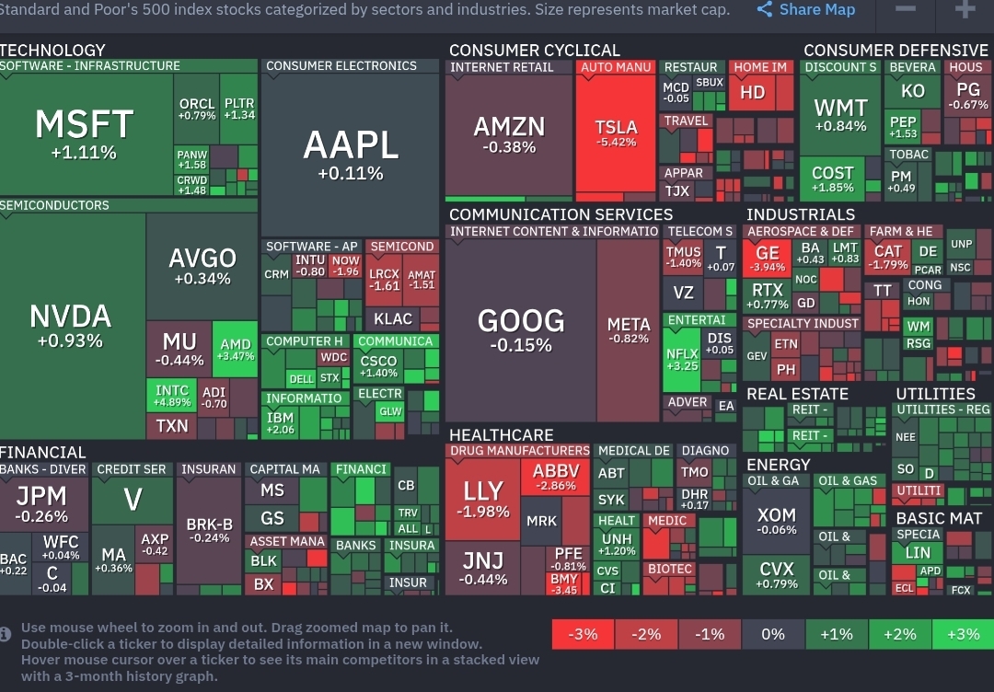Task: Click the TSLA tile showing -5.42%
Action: pos(616,134)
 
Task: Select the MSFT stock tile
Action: pos(84,133)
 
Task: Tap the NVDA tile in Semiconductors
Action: pos(71,326)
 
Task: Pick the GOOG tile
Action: pos(521,329)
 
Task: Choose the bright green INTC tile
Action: pos(172,396)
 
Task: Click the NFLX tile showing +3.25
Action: pos(681,358)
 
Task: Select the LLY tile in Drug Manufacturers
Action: pos(483,498)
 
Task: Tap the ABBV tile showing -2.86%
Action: pos(555,477)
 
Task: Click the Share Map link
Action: pos(806,10)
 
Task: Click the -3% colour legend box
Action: pos(583,634)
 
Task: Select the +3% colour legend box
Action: pos(963,634)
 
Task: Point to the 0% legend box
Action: pos(773,634)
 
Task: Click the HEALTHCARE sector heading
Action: pos(502,434)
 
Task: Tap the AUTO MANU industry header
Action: pos(616,67)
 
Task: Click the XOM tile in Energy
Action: pos(776,521)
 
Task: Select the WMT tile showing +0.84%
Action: pos(840,116)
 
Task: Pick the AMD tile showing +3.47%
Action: pos(236,350)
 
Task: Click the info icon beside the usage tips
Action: pos(6,633)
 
